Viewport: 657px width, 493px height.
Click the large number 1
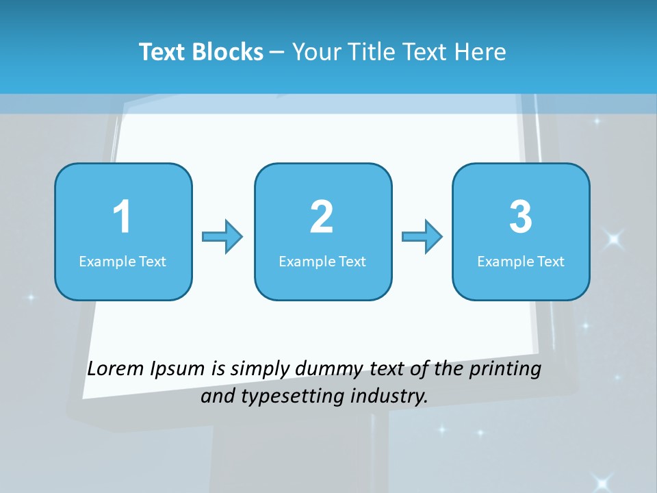[123, 217]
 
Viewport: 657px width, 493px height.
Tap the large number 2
[322, 217]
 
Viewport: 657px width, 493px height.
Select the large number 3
[521, 217]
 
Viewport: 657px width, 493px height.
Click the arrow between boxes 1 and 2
[223, 237]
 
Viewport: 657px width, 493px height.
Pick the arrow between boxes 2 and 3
[422, 237]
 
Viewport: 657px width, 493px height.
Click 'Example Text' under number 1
[123, 262]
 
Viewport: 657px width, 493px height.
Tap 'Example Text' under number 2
[322, 262]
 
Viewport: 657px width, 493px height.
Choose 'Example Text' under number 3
[521, 262]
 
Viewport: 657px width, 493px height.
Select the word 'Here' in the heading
[482, 52]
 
